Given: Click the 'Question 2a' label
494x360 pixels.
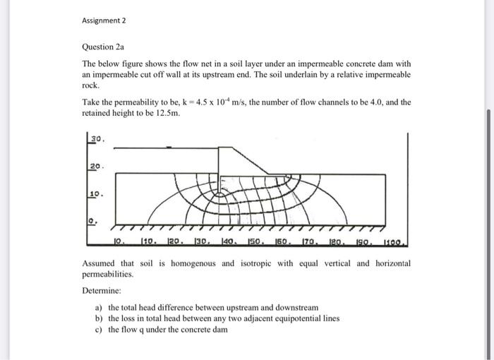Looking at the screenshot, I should tap(102, 47).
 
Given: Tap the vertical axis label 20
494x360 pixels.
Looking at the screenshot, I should tap(96, 166).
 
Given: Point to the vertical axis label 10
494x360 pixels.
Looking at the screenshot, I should tap(96, 192).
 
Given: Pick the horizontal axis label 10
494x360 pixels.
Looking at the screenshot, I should tap(120, 242).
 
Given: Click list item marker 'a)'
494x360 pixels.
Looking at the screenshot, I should tap(99, 308).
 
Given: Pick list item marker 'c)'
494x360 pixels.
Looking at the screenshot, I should tap(99, 329).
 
